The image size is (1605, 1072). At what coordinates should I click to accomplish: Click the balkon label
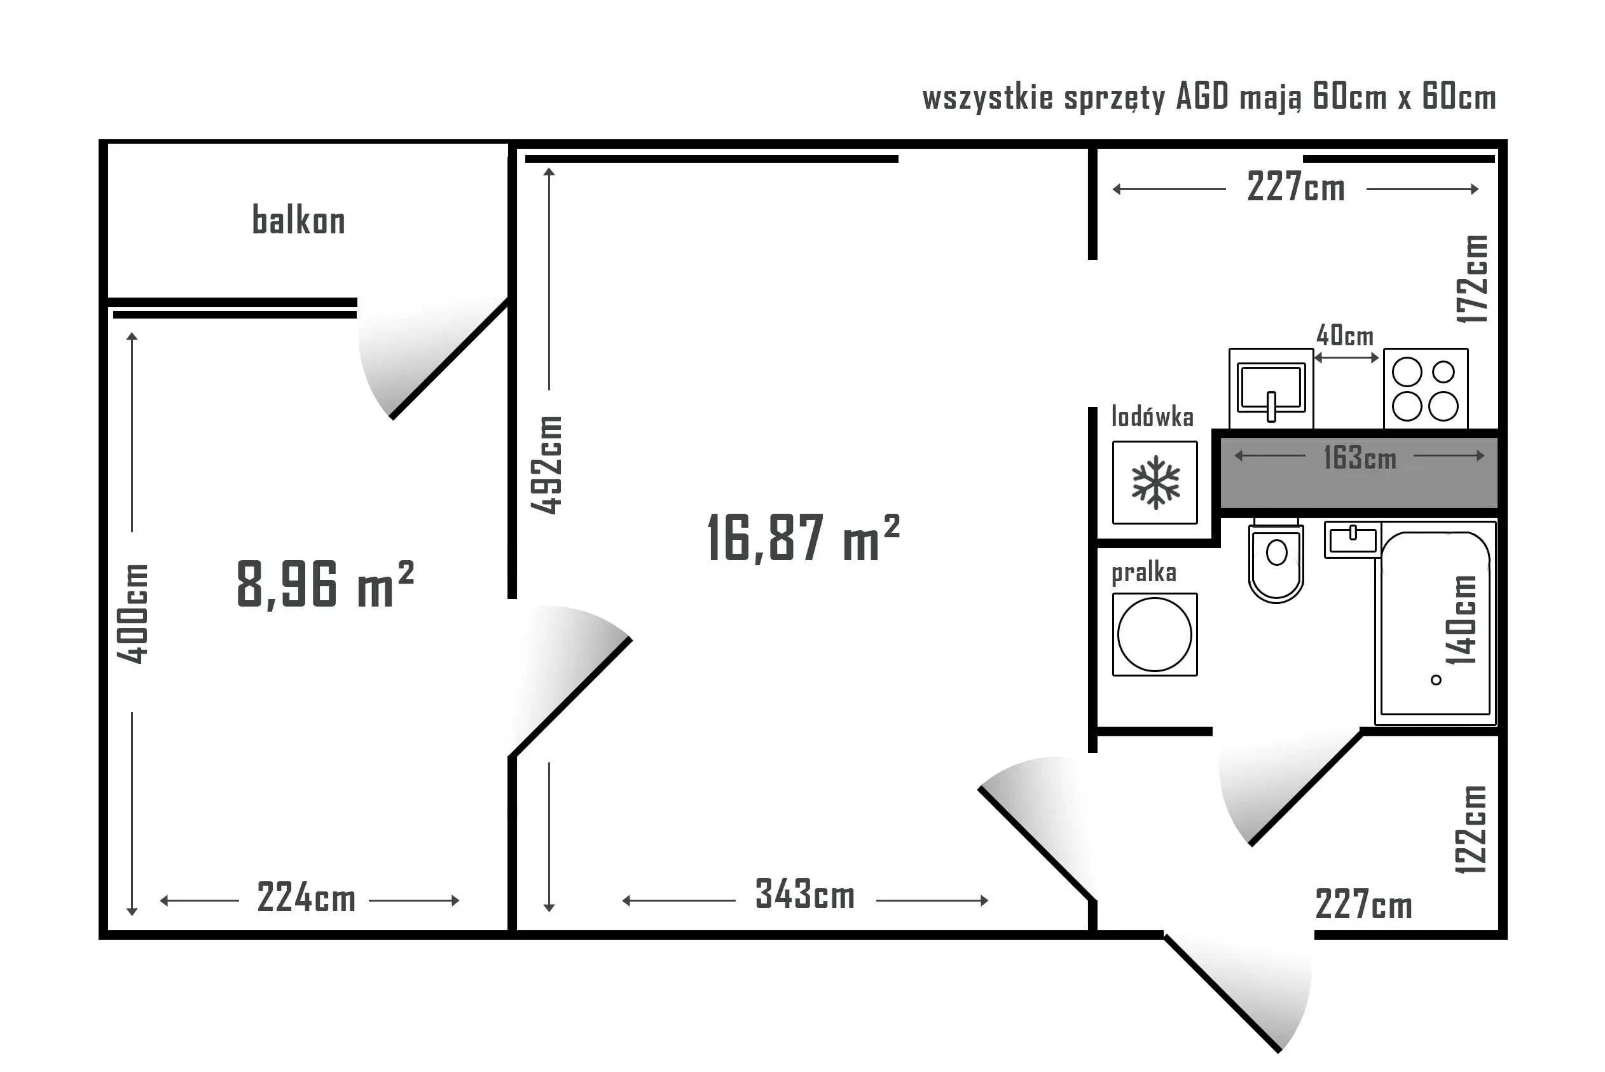299,220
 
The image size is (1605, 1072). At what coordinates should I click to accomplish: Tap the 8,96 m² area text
326,584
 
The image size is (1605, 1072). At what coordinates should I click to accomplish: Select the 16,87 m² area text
803,538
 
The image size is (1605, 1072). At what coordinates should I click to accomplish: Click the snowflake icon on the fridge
1155,483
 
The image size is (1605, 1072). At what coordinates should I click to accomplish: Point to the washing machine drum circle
1155,635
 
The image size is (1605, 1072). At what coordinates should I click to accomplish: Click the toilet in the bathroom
1276,560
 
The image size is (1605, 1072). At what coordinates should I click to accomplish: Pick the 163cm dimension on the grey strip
1360,457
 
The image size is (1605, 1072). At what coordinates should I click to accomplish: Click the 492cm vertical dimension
547,465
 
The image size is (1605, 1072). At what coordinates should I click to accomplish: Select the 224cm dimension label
307,897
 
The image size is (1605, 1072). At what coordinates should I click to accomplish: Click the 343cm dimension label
805,893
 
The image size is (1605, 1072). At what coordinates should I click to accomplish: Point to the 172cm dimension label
1471,279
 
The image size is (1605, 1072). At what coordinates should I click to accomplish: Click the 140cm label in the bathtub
1461,620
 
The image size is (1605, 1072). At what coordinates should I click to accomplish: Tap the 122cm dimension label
1470,829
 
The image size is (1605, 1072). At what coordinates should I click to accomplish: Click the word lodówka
1152,416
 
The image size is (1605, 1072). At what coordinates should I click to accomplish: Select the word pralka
1144,573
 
